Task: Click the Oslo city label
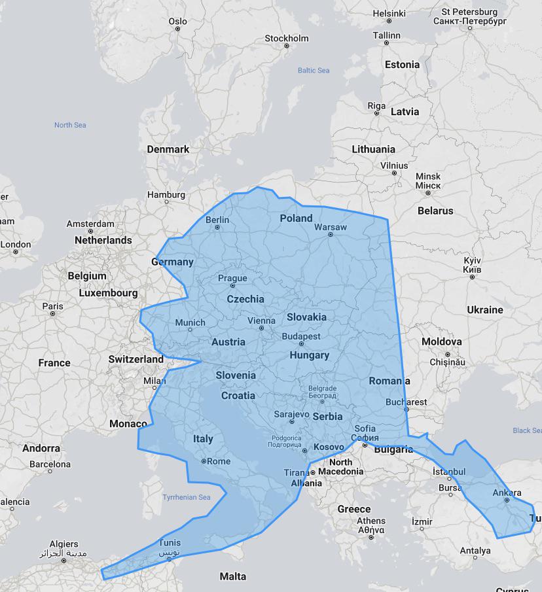click(177, 21)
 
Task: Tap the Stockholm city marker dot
click(287, 46)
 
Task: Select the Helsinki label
click(389, 13)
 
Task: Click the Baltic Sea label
click(314, 70)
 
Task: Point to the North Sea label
click(70, 125)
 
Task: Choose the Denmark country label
click(168, 149)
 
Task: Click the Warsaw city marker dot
click(331, 235)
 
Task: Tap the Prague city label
click(232, 278)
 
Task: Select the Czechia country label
click(245, 299)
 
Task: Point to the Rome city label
click(219, 461)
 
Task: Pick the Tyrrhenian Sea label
click(187, 497)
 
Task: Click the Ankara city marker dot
click(507, 500)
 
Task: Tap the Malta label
click(233, 576)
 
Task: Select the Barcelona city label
click(50, 464)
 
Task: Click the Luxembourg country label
click(109, 293)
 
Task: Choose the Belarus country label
click(435, 211)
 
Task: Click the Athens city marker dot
click(371, 538)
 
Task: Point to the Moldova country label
click(441, 341)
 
